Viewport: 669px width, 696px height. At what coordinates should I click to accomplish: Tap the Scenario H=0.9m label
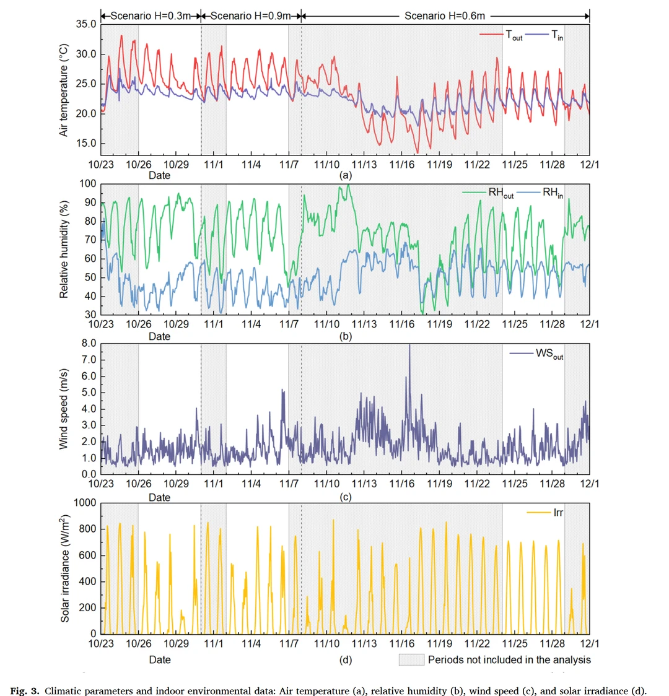(250, 15)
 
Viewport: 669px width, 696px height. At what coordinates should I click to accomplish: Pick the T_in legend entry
(557, 36)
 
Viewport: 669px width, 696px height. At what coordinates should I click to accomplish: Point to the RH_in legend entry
(553, 193)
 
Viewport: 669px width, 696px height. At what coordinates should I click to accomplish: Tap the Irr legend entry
(558, 513)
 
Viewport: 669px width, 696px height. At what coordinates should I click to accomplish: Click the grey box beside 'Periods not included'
(411, 659)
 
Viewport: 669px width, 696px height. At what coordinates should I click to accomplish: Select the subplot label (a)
(346, 175)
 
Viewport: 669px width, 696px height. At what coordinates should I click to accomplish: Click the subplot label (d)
(346, 659)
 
